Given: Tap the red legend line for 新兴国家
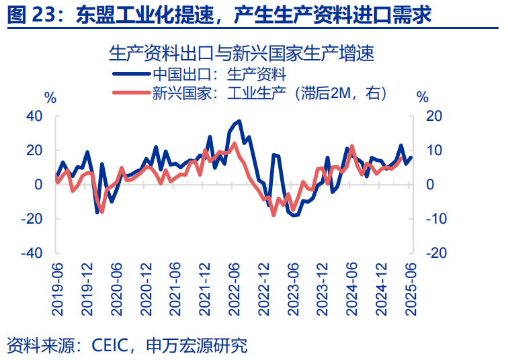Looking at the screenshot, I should [131, 93].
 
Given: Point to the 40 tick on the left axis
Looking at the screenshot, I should [34, 116].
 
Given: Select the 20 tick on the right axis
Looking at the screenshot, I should [435, 116].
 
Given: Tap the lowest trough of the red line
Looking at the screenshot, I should [273, 215].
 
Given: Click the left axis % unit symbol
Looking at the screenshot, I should [50, 98].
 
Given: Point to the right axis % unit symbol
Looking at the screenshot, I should [422, 98].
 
